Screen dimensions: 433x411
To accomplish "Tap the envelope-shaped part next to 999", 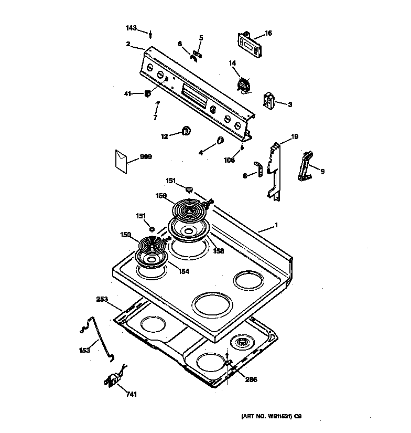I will point(122,160).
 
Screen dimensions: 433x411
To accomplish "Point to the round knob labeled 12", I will point(186,131).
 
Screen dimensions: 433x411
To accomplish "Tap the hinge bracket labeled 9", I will point(305,166).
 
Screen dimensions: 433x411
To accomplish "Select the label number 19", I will point(295,136).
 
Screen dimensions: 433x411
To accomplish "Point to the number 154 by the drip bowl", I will point(183,271).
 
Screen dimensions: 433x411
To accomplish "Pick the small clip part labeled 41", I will point(147,94).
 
